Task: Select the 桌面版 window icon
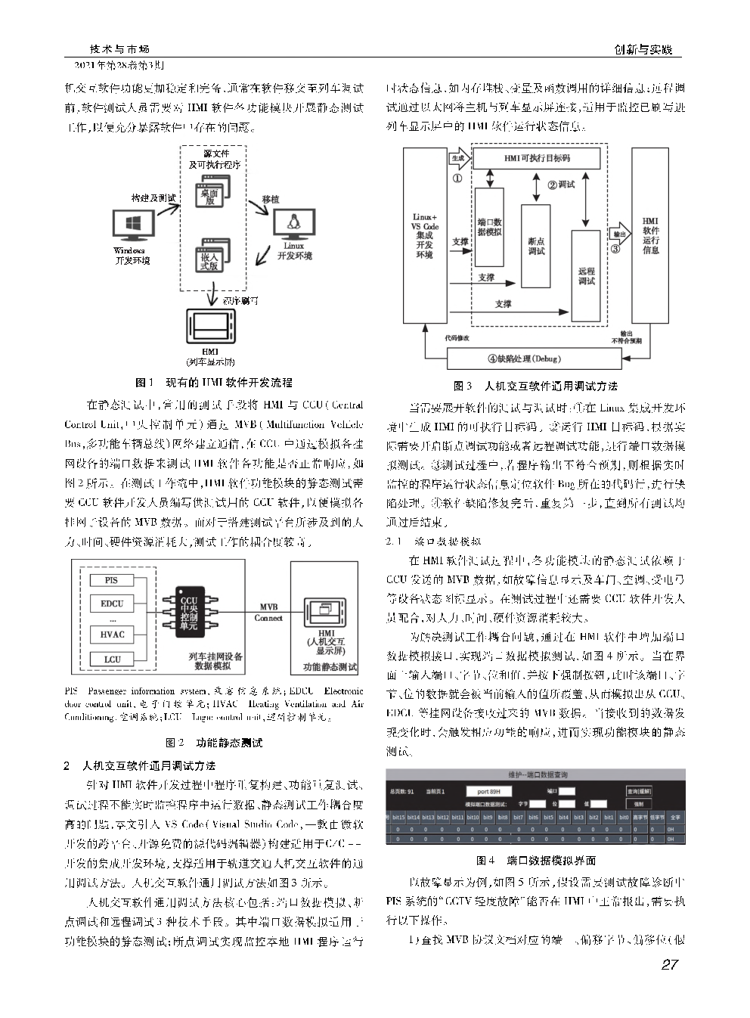[x=210, y=192]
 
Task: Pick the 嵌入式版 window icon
[x=210, y=256]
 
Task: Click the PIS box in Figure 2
[x=111, y=580]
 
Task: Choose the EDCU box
[x=111, y=604]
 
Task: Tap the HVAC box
[x=111, y=634]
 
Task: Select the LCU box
[x=111, y=660]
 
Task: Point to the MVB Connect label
[x=268, y=613]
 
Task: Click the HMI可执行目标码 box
[x=537, y=158]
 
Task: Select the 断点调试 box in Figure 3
[x=536, y=246]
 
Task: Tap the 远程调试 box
[x=586, y=275]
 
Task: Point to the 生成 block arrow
[x=459, y=159]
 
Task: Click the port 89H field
[x=488, y=791]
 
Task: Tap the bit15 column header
[x=398, y=817]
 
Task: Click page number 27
[x=669, y=964]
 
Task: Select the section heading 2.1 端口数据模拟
[x=433, y=541]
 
